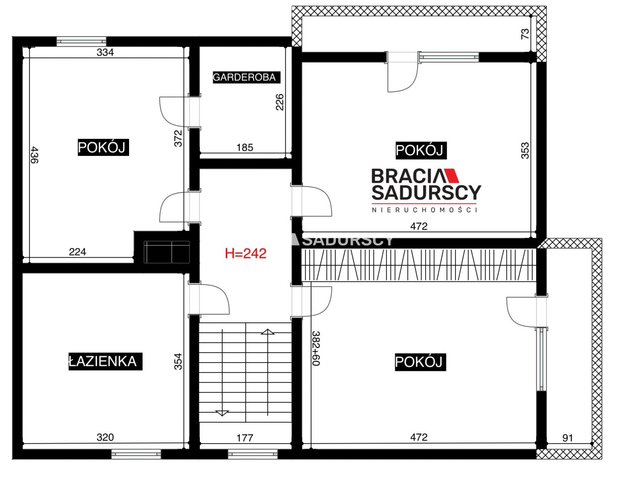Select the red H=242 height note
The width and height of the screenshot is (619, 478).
246,253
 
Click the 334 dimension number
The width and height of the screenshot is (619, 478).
105,52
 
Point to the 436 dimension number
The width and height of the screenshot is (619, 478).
34,155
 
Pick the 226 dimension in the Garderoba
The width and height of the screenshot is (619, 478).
280,102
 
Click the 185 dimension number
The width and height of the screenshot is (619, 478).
245,147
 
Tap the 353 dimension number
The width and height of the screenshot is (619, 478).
525,150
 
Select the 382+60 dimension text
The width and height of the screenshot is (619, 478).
316,348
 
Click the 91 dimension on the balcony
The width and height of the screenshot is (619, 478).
568,438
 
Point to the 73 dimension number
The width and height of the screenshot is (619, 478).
525,34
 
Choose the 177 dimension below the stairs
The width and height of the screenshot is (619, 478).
245,438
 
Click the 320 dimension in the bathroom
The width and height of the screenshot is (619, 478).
105,437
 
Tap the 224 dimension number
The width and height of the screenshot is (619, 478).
77,252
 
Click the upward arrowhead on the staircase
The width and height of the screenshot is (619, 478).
268,332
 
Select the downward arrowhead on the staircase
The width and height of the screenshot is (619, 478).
222,413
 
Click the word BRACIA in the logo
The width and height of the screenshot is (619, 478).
406,176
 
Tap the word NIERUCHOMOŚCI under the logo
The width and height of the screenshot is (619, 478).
424,210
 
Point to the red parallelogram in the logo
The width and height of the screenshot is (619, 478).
450,176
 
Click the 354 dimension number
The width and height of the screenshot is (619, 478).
178,361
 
